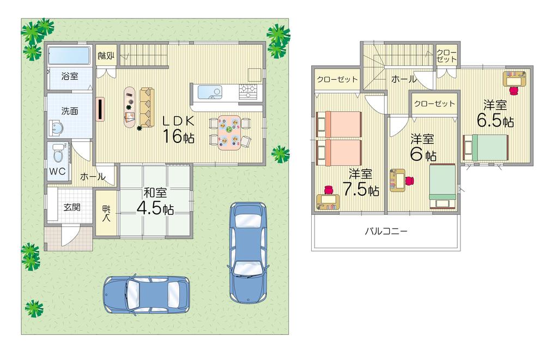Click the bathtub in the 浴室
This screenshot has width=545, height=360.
(70, 56)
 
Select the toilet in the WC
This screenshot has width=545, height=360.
(56, 155)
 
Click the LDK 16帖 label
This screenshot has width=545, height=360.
(175, 128)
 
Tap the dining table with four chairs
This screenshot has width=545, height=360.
(229, 133)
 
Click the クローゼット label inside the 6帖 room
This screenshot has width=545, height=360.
(434, 104)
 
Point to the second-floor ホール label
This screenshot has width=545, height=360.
(404, 79)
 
